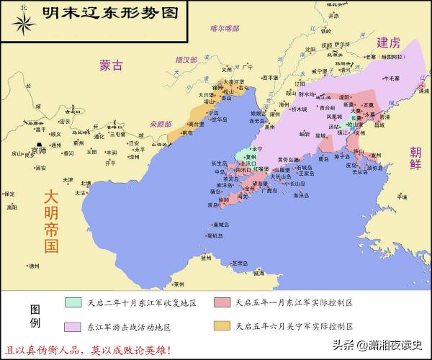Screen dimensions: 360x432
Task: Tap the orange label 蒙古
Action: point(111,66)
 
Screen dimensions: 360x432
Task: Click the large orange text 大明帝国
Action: point(50,220)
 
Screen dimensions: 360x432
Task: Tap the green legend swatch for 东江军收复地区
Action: point(73,302)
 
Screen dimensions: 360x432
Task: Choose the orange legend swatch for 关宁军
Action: point(221,325)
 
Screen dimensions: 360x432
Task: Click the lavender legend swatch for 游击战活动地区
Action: point(73,325)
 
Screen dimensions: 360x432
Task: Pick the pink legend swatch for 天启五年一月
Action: point(221,302)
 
